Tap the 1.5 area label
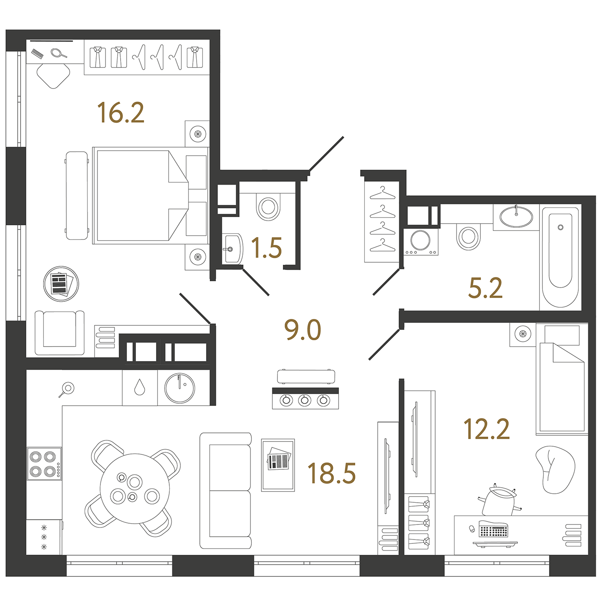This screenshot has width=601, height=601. pyautogui.click(x=267, y=248)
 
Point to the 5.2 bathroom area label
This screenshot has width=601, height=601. pyautogui.click(x=485, y=288)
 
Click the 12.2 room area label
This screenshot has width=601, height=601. pyautogui.click(x=486, y=429)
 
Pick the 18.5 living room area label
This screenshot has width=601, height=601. pyautogui.click(x=331, y=473)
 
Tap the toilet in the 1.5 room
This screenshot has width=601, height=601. pyautogui.click(x=268, y=207)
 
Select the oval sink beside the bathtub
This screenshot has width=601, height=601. pyautogui.click(x=516, y=216)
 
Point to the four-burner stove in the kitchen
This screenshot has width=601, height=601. pyautogui.click(x=44, y=463)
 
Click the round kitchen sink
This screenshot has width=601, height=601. pyautogui.click(x=180, y=388)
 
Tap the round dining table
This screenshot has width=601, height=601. pyautogui.click(x=135, y=489)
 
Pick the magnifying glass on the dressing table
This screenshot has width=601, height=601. pyautogui.click(x=59, y=53)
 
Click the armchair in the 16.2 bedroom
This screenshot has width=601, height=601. pyautogui.click(x=59, y=333)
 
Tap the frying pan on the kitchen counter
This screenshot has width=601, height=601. pyautogui.click(x=67, y=389)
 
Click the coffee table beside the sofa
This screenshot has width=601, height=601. pyautogui.click(x=278, y=465)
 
